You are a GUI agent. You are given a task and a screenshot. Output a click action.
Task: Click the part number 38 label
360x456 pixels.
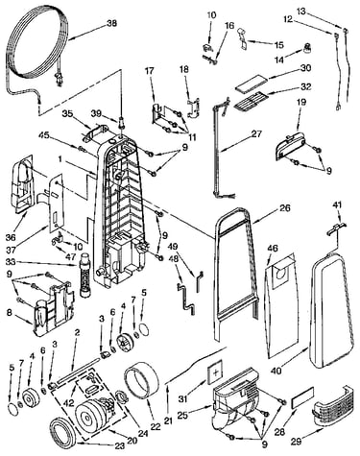click(x=111, y=23)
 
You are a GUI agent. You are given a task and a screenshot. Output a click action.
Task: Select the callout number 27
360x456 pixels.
click(x=256, y=133)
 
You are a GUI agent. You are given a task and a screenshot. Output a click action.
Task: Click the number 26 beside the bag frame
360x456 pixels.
click(x=284, y=208)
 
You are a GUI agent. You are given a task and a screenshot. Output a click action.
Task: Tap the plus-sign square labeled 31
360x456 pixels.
click(x=216, y=372)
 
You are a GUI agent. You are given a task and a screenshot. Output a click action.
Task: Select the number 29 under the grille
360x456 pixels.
click(x=297, y=443)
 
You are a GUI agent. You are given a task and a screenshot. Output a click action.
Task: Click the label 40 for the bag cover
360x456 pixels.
click(x=276, y=371)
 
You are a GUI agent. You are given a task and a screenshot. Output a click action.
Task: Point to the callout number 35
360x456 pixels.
click(x=67, y=113)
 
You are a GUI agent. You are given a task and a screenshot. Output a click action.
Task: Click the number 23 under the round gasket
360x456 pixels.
click(x=121, y=445)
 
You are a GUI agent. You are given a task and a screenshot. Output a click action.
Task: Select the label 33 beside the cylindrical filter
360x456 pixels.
click(x=11, y=263)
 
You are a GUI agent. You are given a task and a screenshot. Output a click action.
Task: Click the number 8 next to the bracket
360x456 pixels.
click(x=10, y=312)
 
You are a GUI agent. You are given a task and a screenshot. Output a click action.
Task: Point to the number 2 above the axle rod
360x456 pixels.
click(x=77, y=333)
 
